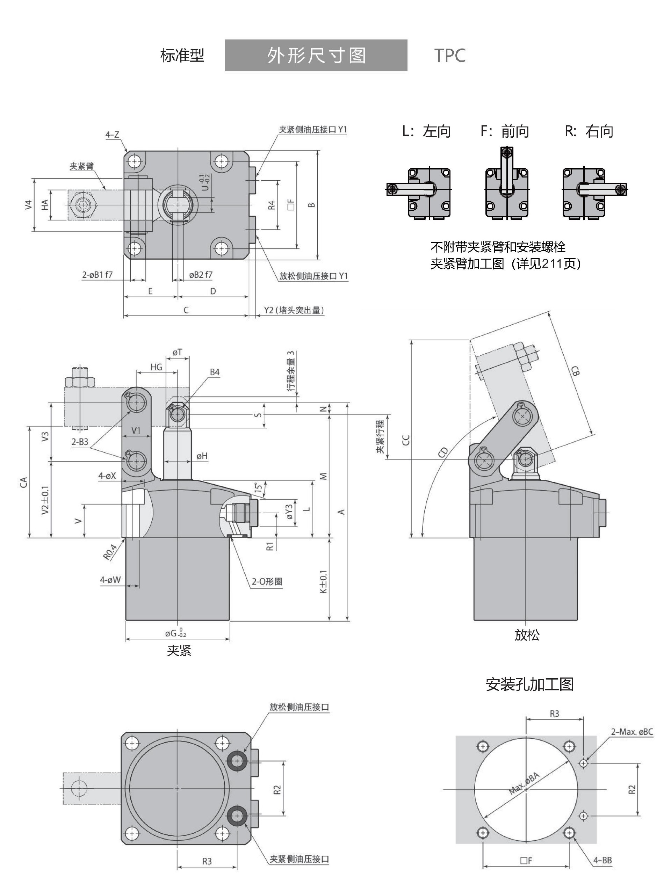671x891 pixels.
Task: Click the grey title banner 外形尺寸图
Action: pyautogui.click(x=316, y=55)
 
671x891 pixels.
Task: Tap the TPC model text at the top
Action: pyautogui.click(x=450, y=56)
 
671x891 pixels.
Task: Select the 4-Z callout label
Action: pyautogui.click(x=113, y=135)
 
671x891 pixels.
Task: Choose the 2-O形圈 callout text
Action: pyautogui.click(x=267, y=581)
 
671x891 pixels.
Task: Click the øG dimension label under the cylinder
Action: pyautogui.click(x=175, y=633)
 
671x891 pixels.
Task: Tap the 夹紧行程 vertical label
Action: pyautogui.click(x=380, y=437)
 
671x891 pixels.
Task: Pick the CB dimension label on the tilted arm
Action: pyautogui.click(x=575, y=371)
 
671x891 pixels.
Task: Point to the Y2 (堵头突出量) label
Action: pyautogui.click(x=294, y=310)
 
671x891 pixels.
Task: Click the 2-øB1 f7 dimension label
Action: pyautogui.click(x=98, y=275)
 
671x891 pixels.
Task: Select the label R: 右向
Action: pyautogui.click(x=589, y=131)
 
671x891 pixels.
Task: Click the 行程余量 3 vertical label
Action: pyautogui.click(x=291, y=371)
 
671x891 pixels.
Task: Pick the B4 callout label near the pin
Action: pyautogui.click(x=215, y=372)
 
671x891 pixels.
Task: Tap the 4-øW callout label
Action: pyautogui.click(x=110, y=580)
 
